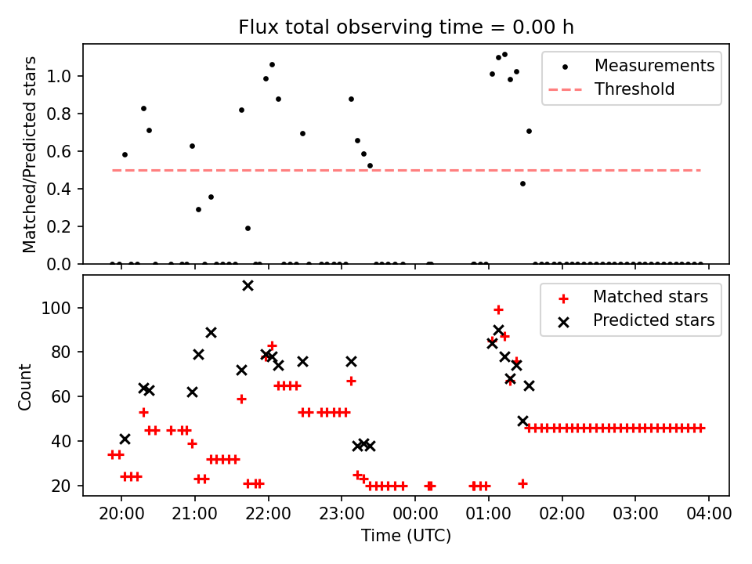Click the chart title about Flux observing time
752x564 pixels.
click(406, 27)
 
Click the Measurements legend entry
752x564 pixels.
click(654, 66)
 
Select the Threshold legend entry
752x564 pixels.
click(634, 89)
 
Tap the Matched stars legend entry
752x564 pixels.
click(650, 297)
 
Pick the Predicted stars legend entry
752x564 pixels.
click(653, 320)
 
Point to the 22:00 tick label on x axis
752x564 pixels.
click(268, 514)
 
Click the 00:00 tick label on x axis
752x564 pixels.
click(415, 514)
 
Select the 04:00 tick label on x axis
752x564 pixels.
click(709, 514)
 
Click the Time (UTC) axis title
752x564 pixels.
click(406, 537)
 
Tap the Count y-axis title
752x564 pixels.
click(26, 386)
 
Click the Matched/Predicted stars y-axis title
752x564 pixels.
click(30, 154)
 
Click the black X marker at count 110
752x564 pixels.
click(248, 286)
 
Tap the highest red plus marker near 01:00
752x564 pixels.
click(498, 309)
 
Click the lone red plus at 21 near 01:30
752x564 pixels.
click(522, 483)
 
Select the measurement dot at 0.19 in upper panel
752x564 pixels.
click(248, 228)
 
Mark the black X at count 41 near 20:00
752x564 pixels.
click(125, 439)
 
